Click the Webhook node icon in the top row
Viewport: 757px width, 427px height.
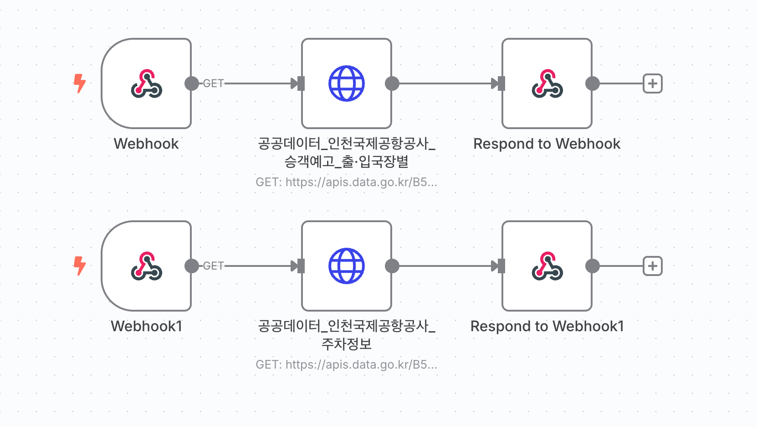point(146,83)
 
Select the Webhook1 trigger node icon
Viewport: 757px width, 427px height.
point(146,266)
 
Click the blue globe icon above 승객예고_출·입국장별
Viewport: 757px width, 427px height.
point(347,83)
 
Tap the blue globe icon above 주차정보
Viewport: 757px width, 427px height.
point(347,266)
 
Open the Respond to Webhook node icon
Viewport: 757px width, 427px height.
point(547,83)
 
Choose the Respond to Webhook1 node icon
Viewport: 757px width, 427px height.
point(547,266)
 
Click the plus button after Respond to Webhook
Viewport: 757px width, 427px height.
point(652,83)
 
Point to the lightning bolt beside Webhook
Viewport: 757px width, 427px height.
point(80,83)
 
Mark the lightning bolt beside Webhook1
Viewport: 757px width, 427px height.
point(80,266)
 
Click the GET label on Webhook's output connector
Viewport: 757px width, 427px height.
point(213,83)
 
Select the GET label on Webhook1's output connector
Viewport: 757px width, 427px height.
point(213,266)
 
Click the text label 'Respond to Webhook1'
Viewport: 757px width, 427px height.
point(547,326)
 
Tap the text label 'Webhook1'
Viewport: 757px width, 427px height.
point(146,326)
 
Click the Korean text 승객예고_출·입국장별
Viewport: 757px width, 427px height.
point(347,161)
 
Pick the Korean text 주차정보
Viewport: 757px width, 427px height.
point(347,344)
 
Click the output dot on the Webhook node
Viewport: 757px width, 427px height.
point(192,83)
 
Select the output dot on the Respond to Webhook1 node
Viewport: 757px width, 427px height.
point(592,266)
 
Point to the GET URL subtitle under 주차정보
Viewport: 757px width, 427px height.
point(347,365)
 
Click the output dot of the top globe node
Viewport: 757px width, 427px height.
point(392,83)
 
